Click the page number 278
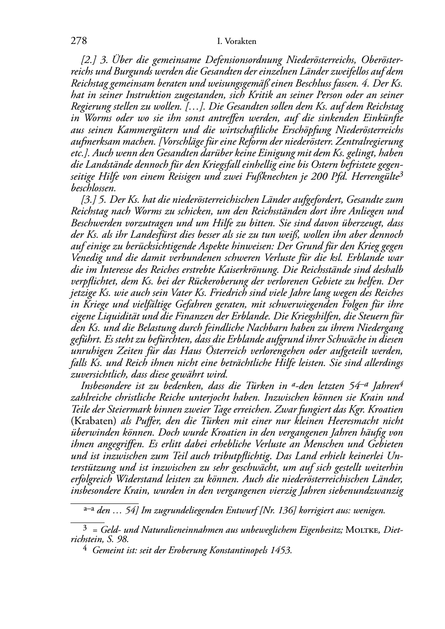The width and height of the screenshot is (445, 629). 78,41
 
